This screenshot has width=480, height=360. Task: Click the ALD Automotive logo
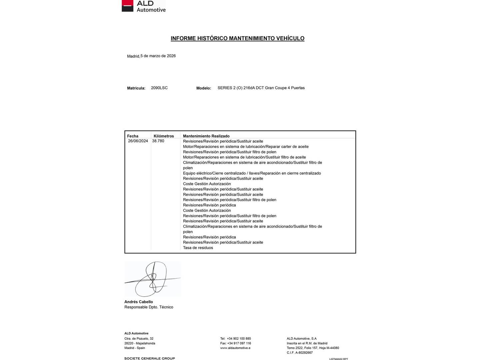click(144, 6)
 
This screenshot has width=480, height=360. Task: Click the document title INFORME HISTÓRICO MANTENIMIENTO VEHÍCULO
click(237, 38)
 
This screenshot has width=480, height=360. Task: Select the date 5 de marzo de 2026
click(158, 56)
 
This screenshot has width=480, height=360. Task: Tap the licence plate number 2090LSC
click(159, 88)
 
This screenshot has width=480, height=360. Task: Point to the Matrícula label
click(136, 88)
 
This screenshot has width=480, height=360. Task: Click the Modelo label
click(204, 88)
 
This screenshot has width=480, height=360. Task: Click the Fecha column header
click(133, 136)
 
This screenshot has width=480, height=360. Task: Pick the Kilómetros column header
click(164, 136)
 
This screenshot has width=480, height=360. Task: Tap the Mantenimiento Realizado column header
click(206, 136)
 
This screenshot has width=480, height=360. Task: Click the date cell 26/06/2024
click(138, 141)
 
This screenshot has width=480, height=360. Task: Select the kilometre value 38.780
click(158, 141)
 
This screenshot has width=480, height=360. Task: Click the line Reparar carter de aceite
click(246, 147)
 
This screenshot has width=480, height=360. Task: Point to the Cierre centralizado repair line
click(252, 173)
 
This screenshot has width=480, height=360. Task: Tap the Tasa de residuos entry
click(198, 248)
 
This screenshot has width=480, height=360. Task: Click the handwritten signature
click(152, 279)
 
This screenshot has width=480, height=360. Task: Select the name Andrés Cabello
click(139, 302)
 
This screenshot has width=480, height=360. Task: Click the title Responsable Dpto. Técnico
click(149, 307)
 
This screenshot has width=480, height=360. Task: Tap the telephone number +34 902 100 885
click(239, 339)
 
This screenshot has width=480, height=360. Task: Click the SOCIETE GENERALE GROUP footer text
click(149, 358)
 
